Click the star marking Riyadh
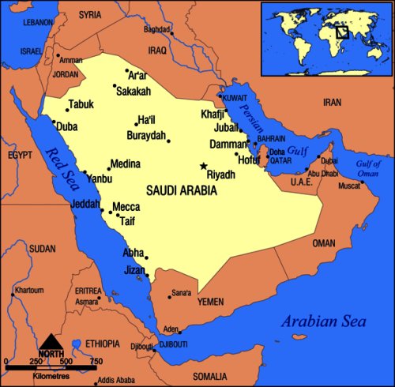(x=203, y=167)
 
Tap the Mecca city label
(x=126, y=207)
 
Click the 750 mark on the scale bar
(x=96, y=362)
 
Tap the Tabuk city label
(x=81, y=104)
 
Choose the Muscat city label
(x=349, y=187)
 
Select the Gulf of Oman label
(x=371, y=168)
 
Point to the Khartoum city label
(x=29, y=290)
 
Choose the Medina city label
(x=125, y=164)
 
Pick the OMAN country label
(x=324, y=243)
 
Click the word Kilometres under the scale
(x=51, y=370)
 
